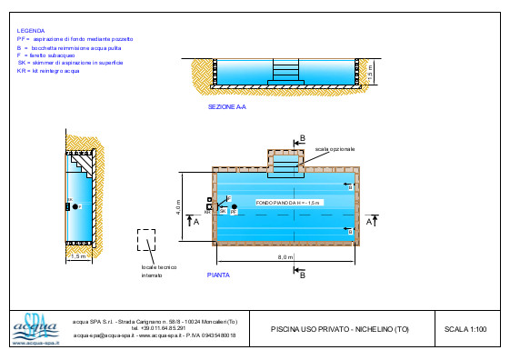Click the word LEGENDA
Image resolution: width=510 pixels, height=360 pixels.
30,30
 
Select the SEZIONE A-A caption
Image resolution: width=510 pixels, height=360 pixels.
227,106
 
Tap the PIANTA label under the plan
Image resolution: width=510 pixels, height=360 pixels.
218,274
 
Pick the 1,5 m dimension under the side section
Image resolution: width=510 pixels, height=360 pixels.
78,257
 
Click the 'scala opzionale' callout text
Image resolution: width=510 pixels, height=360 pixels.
335,148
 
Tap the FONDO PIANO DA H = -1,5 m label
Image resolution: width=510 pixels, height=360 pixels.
288,203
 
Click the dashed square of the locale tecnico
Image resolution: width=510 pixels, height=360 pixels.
146,240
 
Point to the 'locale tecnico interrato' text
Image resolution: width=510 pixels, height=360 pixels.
158,270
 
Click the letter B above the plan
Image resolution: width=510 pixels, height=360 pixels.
303,138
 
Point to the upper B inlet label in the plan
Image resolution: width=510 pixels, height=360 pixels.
350,185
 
